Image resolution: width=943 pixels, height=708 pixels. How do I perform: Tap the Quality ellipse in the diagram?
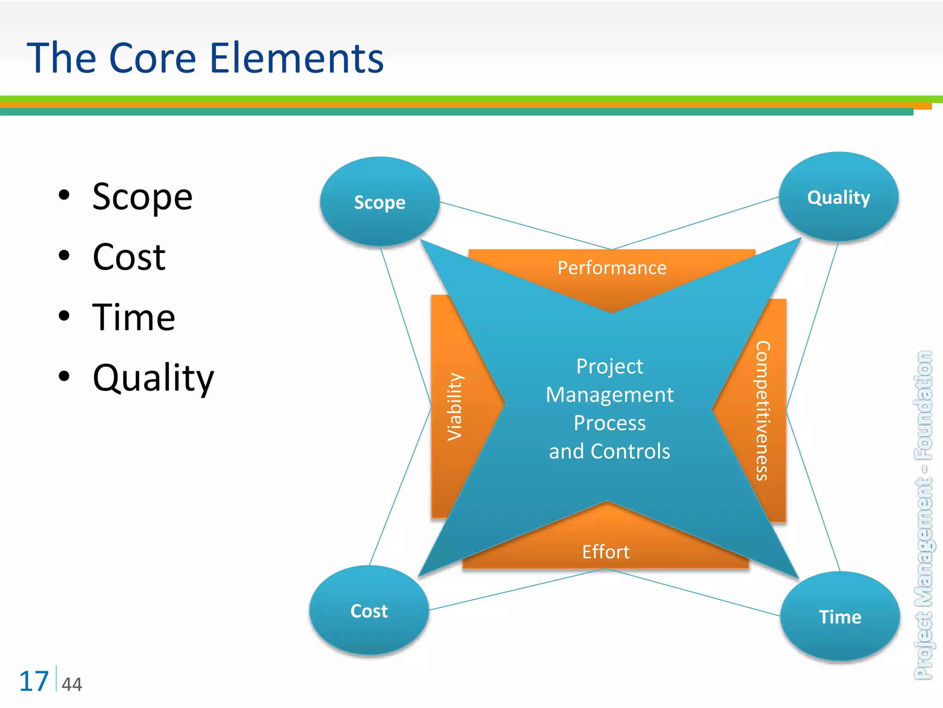[x=838, y=197]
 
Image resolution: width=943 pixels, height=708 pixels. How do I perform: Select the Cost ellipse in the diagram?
[x=369, y=611]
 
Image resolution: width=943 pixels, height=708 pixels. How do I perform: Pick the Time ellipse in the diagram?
[x=840, y=617]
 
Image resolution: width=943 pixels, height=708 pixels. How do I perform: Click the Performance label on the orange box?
[x=612, y=268]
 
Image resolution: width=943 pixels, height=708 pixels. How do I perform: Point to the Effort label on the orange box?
[x=605, y=552]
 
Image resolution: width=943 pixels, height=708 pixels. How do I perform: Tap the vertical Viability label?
[x=455, y=407]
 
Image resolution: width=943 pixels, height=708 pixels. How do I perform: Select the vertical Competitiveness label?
[x=763, y=410]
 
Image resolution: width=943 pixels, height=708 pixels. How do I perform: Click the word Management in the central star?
[x=610, y=395]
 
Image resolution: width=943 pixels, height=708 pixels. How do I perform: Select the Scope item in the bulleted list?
[x=142, y=197]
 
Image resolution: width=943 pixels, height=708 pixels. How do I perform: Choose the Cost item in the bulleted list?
[x=129, y=257]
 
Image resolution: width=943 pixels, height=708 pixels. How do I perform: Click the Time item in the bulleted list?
[x=134, y=317]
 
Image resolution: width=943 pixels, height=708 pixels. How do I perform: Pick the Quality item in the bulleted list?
[x=153, y=378]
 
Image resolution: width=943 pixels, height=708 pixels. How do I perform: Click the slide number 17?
[x=34, y=681]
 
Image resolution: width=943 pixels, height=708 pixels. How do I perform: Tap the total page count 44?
[x=72, y=684]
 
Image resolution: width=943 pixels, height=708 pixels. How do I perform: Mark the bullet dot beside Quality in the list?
[x=64, y=376]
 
